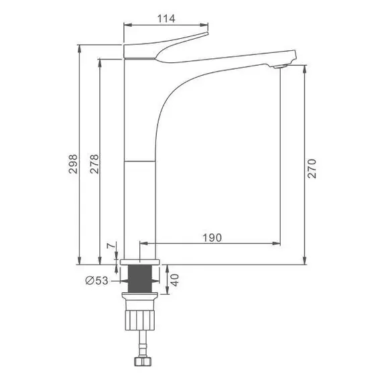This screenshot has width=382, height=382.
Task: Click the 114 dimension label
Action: coord(166,19)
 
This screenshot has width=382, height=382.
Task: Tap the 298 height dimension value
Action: coord(73,164)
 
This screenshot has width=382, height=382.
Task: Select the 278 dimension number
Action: coord(94,164)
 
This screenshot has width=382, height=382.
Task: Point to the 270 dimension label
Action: coord(312,169)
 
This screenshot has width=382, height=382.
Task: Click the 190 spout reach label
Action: coord(212,238)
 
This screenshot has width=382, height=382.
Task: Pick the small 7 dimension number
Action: coord(111,245)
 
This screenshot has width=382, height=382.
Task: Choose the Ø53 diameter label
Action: coord(97,281)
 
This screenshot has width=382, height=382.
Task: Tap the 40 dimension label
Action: coord(175,280)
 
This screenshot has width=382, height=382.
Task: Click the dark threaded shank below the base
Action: coord(140,279)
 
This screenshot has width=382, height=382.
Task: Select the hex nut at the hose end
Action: coord(143,361)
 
